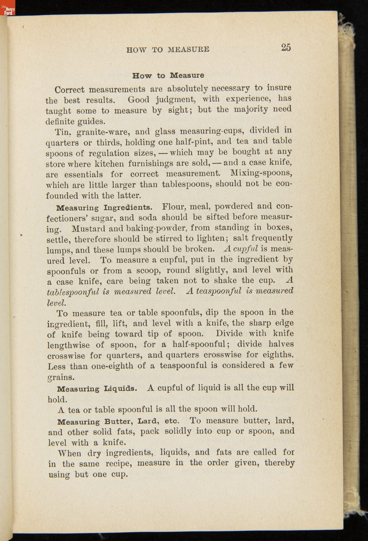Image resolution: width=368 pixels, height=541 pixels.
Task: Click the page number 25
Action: (286, 47)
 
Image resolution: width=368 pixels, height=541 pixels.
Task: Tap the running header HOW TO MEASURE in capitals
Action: (168, 49)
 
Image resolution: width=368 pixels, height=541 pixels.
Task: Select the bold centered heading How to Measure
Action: (168, 75)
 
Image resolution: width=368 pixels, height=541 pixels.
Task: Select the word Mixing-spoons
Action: (261, 173)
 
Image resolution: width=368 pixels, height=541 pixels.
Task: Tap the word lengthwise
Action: (68, 345)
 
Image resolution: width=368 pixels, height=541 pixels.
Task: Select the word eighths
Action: (278, 355)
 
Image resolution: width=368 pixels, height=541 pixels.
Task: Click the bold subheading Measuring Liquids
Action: (96, 389)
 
